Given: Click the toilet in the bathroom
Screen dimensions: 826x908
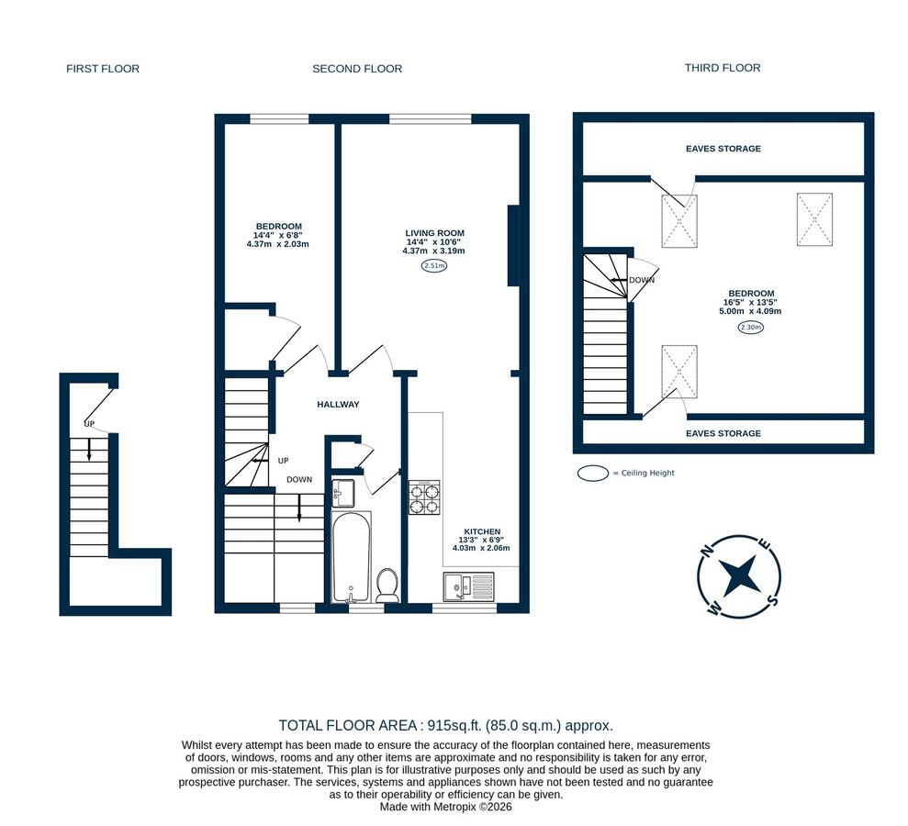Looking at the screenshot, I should pyautogui.click(x=387, y=585).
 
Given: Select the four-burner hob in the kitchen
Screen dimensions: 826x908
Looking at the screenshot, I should pyautogui.click(x=424, y=497).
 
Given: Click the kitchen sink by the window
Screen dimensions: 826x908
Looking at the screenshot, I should pyautogui.click(x=468, y=586).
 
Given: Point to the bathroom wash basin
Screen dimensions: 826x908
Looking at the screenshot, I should pyautogui.click(x=343, y=492).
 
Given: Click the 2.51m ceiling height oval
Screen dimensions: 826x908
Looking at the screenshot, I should pyautogui.click(x=433, y=266).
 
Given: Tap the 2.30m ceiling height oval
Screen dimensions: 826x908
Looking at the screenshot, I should pyautogui.click(x=749, y=327).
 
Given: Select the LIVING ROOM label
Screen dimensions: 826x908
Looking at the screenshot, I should pyautogui.click(x=433, y=233).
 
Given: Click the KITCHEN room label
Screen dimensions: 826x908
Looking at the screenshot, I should pyautogui.click(x=481, y=531).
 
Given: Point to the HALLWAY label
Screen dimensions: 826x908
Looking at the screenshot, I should pyautogui.click(x=338, y=405).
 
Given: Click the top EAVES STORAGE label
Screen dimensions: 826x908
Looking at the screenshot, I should pyautogui.click(x=723, y=149).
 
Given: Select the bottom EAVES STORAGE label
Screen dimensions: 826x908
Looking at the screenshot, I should pyautogui.click(x=723, y=433).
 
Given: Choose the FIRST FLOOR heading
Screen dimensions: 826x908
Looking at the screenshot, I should pyautogui.click(x=103, y=69).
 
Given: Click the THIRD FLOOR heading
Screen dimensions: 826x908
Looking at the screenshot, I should pyautogui.click(x=723, y=68).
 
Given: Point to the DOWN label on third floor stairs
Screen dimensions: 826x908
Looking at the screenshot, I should pyautogui.click(x=642, y=280).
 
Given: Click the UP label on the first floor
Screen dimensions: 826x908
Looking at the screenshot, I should pyautogui.click(x=89, y=424).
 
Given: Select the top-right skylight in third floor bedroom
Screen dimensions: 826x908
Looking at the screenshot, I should pyautogui.click(x=814, y=219).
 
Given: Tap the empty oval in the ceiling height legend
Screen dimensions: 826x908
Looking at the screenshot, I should pyautogui.click(x=592, y=473).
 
